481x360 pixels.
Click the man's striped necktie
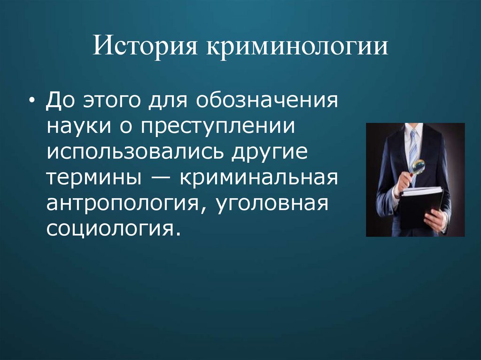point(413,150)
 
